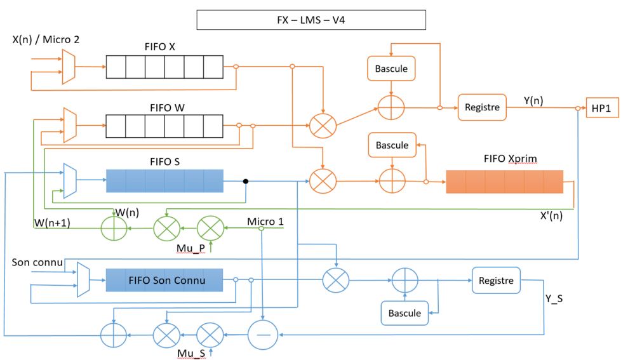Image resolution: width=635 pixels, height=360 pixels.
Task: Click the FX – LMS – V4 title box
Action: pos(311,20)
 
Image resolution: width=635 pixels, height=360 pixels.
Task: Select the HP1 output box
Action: pos(601,108)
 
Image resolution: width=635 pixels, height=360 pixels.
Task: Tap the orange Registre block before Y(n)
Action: pos(482,107)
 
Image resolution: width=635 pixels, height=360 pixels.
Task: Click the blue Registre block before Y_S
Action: pos(496,280)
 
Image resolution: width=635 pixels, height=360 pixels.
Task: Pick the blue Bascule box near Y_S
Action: pos(404,312)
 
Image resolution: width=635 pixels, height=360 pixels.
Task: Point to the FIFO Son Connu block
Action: pos(164,280)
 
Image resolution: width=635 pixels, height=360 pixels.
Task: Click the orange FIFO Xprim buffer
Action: pos(504,182)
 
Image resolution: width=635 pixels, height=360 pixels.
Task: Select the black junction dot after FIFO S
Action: pos(246,182)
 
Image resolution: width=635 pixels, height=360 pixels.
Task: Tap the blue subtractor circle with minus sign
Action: pos(263,334)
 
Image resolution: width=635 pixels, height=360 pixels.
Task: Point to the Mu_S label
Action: pos(191,353)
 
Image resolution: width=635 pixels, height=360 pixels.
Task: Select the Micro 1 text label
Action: pos(265,222)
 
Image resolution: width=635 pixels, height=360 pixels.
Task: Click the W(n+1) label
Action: pos(52,222)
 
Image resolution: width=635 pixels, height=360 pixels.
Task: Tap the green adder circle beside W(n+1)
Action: pos(115,227)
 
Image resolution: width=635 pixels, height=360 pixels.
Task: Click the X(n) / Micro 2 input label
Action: pos(46,40)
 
